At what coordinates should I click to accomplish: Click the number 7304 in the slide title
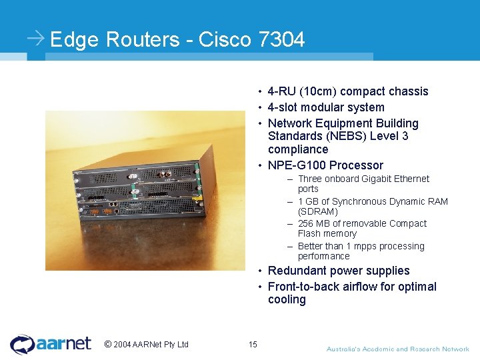281,40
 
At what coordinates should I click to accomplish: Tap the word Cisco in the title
225,40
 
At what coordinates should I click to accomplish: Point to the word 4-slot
285,107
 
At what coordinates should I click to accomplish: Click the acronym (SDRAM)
318,211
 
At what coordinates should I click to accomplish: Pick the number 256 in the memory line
306,223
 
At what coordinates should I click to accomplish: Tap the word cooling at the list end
287,299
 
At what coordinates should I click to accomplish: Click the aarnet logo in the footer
51,343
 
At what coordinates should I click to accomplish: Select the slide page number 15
253,345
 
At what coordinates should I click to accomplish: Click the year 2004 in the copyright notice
122,345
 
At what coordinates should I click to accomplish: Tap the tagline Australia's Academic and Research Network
397,349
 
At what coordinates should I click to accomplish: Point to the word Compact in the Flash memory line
408,223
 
